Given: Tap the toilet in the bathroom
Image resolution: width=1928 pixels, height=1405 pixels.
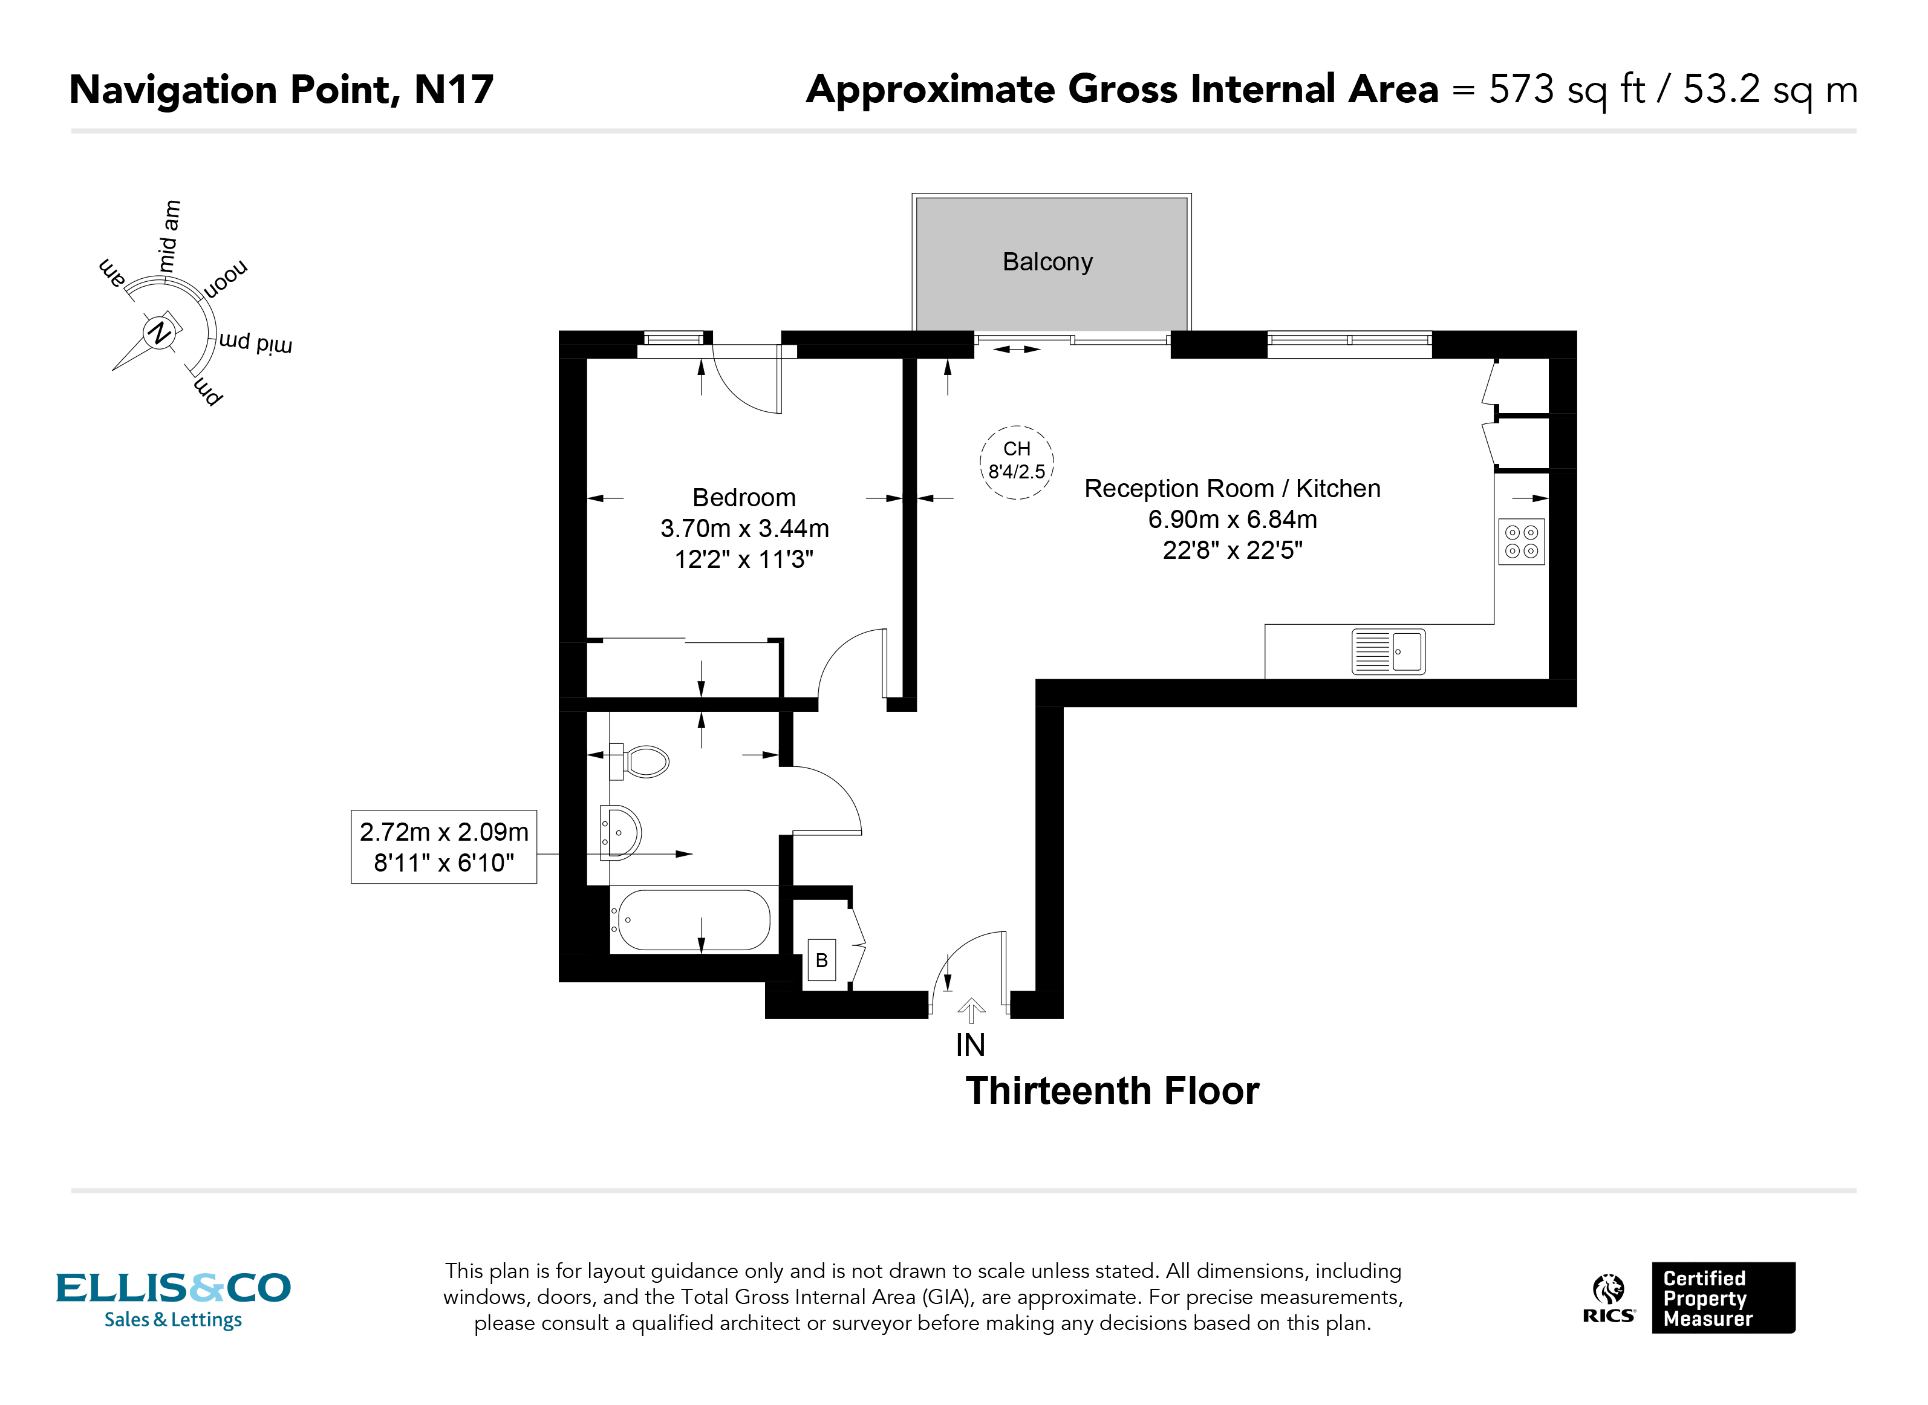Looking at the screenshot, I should click(644, 762).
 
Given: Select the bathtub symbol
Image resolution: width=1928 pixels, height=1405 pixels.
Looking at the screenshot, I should click(693, 920).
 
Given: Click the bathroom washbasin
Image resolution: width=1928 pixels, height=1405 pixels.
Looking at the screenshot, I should click(621, 833).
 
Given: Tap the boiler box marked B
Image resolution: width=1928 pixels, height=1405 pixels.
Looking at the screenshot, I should click(821, 961).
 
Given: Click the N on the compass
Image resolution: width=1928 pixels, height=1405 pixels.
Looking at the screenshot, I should click(159, 333).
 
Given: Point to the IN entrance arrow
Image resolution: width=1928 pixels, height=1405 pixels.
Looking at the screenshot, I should click(971, 1011).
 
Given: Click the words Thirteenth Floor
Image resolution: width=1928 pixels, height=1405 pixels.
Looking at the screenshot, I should click(1112, 1091).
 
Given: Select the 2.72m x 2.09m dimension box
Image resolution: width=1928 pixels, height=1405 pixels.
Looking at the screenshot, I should click(444, 847).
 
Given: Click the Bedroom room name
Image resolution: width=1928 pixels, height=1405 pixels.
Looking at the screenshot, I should click(743, 498).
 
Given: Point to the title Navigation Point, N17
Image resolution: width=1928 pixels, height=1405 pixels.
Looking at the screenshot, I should click(281, 90).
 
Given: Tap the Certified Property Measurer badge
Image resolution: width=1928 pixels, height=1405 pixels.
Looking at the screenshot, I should click(1722, 1298).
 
